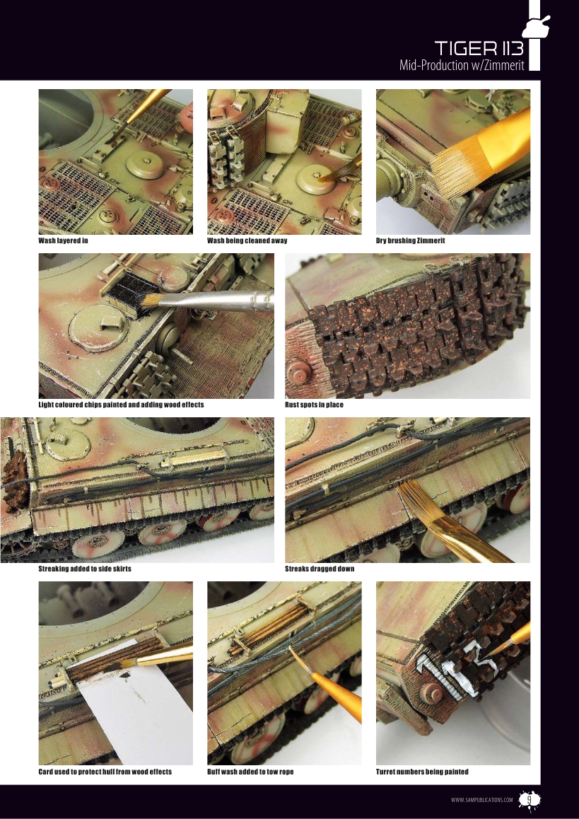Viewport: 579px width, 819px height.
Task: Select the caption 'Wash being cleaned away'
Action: [x=247, y=240]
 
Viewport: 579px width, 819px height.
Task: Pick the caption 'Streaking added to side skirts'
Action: [x=85, y=569]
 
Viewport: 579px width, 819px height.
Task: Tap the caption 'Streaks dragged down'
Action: [x=320, y=569]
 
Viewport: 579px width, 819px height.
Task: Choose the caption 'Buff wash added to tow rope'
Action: [x=250, y=772]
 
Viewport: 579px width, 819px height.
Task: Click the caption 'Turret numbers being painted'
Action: [x=422, y=772]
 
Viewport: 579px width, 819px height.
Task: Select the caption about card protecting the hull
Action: [x=105, y=772]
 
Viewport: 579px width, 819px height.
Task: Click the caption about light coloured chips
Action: [x=121, y=405]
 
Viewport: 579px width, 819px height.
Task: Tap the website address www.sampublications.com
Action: [x=481, y=800]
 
